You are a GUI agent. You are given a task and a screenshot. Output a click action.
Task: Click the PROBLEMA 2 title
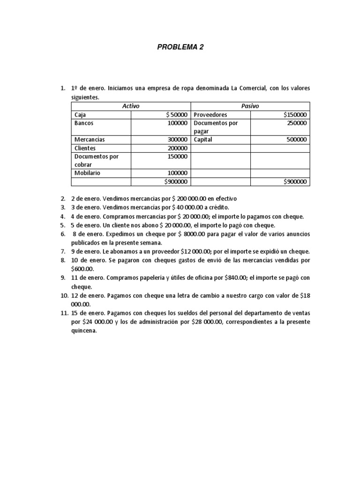pyautogui.click(x=180, y=47)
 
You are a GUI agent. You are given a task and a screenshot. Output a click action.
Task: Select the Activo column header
pyautogui.click(x=131, y=106)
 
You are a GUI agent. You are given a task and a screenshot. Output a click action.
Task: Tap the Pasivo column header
pyautogui.click(x=250, y=106)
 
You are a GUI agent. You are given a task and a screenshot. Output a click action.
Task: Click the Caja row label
pyautogui.click(x=80, y=114)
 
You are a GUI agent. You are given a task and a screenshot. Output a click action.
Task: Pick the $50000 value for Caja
pyautogui.click(x=177, y=114)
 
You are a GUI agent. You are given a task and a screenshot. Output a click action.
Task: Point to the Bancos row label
pyautogui.click(x=84, y=123)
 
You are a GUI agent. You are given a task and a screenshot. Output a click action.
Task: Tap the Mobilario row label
pyautogui.click(x=87, y=173)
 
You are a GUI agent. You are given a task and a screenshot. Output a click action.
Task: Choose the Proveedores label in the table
pyautogui.click(x=210, y=114)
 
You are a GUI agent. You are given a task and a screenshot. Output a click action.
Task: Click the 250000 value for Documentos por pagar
pyautogui.click(x=297, y=123)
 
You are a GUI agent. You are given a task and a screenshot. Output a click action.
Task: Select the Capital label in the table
pyautogui.click(x=203, y=140)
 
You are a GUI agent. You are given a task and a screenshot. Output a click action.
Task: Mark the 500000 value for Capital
pyautogui.click(x=297, y=140)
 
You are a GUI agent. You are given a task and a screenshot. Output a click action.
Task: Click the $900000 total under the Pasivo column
pyautogui.click(x=295, y=181)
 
